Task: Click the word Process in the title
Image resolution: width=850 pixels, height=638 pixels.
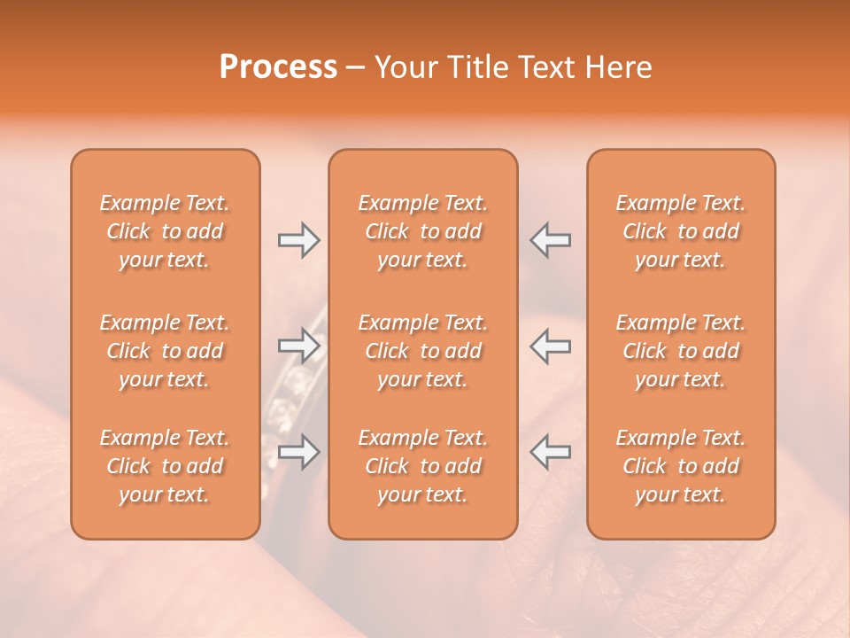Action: (x=278, y=67)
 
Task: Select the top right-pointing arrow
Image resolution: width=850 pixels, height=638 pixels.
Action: (x=299, y=239)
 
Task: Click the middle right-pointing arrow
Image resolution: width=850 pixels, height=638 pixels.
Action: (x=299, y=346)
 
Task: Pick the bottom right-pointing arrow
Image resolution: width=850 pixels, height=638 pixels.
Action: (x=299, y=452)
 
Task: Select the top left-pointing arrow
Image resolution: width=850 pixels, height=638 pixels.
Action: (x=551, y=239)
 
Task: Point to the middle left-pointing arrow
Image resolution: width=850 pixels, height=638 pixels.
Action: (x=551, y=346)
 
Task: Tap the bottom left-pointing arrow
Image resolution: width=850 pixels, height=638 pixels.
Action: (x=551, y=452)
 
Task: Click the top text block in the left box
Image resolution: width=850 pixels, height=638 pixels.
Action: (x=165, y=231)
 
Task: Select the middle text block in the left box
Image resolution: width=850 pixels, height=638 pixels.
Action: (x=165, y=351)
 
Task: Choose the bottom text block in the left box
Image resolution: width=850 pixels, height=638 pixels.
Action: (x=165, y=466)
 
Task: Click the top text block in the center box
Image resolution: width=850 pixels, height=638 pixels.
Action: (x=423, y=231)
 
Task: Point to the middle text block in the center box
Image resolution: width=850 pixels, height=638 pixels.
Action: (x=423, y=351)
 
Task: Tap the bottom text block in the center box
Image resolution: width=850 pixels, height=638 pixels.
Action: (x=423, y=466)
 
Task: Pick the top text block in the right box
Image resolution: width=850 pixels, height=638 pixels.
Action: (x=681, y=231)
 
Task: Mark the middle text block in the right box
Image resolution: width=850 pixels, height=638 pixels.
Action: (x=681, y=351)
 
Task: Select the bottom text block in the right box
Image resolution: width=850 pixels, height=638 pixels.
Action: (x=681, y=466)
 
